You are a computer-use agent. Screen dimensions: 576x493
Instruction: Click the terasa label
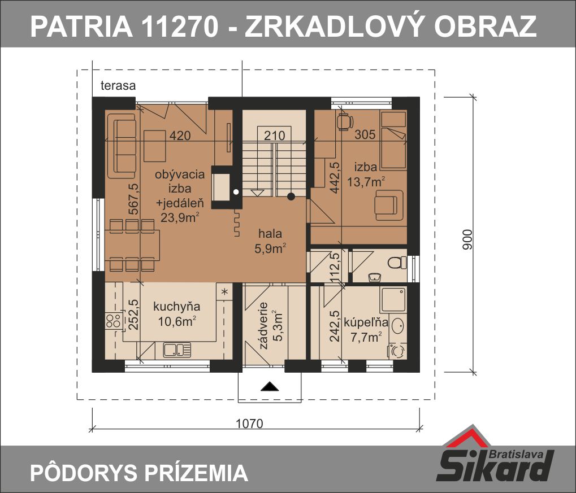point(118,85)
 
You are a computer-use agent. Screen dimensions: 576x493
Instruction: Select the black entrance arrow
point(270,386)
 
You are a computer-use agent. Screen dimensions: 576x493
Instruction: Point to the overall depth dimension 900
point(467,239)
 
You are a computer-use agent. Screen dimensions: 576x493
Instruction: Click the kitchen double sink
point(177,350)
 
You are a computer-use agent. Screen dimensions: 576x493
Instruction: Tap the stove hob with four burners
point(114,320)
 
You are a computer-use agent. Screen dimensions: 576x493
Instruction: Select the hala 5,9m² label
point(270,241)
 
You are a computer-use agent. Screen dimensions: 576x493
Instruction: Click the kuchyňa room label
point(177,307)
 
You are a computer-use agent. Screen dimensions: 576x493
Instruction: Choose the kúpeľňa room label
point(366,322)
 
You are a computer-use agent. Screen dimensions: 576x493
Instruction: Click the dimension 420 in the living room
point(180,136)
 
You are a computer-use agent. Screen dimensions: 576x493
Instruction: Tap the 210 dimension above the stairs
point(274,136)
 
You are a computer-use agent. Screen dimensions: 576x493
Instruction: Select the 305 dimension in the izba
point(365,134)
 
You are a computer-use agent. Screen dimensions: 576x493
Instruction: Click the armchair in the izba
point(389,205)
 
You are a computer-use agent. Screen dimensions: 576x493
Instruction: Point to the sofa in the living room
point(121,146)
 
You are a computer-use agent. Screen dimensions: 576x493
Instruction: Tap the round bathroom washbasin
point(398,325)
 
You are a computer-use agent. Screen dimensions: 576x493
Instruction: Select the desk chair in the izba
point(345,121)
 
